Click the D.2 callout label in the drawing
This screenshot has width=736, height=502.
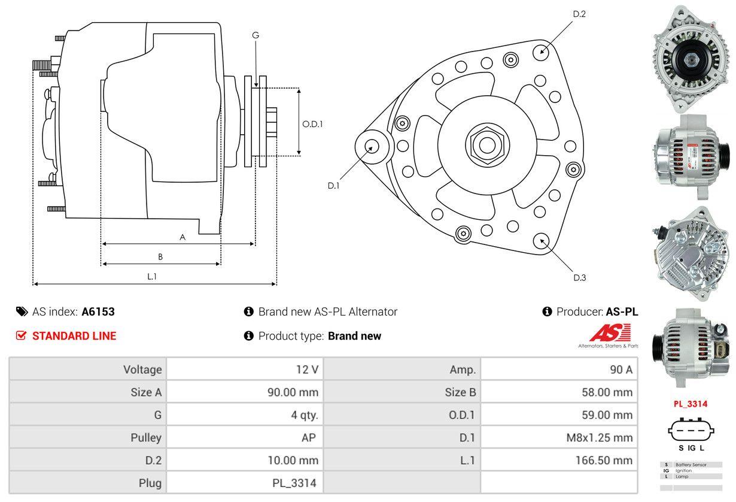(x=579, y=14)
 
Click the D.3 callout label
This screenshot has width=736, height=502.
(x=579, y=277)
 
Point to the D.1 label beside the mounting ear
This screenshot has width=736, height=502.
(x=333, y=186)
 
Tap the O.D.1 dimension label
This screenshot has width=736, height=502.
(x=312, y=125)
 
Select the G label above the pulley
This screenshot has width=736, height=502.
(x=256, y=35)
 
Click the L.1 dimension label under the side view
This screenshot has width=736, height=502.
(x=152, y=276)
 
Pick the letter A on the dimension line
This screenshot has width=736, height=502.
(x=183, y=237)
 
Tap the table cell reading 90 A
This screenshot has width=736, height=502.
(x=621, y=369)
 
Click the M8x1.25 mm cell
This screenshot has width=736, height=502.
(x=599, y=437)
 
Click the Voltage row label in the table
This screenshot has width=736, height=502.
(x=142, y=369)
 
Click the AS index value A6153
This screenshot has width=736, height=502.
(x=98, y=312)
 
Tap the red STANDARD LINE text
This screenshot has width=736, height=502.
(x=74, y=336)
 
